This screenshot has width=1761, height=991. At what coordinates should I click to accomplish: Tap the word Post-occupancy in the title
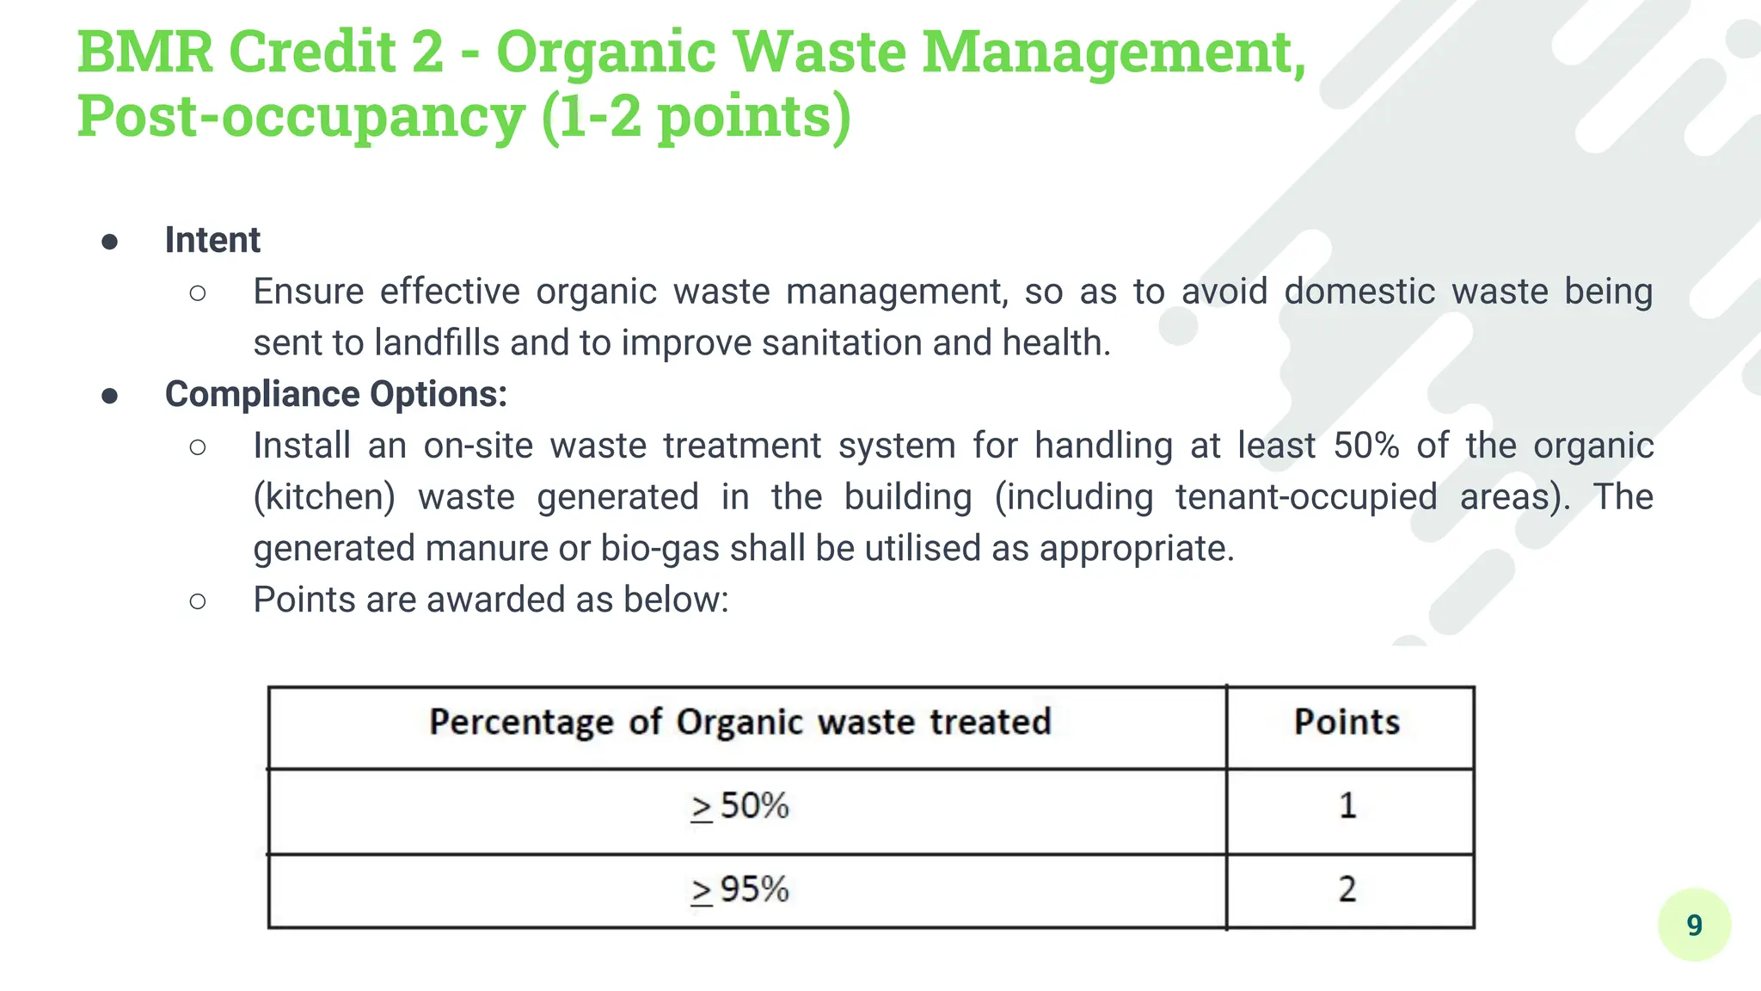click(x=300, y=116)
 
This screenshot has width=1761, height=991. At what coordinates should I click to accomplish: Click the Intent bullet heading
click(x=212, y=240)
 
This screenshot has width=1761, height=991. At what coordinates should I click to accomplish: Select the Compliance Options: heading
click(x=336, y=394)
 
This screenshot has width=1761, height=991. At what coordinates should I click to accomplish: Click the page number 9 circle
click(x=1694, y=925)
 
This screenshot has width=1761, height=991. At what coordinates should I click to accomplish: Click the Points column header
click(x=1347, y=723)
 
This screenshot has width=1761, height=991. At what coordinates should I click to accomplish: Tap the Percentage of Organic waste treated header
click(x=740, y=723)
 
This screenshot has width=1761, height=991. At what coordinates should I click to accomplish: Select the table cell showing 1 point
click(x=1347, y=806)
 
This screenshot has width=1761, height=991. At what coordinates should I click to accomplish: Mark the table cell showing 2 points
click(x=1347, y=889)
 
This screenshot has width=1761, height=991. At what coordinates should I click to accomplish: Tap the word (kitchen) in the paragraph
click(x=324, y=497)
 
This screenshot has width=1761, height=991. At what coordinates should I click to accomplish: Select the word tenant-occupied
click(x=1306, y=497)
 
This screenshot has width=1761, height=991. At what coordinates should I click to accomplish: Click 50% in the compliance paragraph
click(x=1366, y=446)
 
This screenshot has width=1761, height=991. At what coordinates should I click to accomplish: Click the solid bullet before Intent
click(x=109, y=242)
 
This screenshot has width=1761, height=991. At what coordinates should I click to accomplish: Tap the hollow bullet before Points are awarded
click(x=198, y=601)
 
